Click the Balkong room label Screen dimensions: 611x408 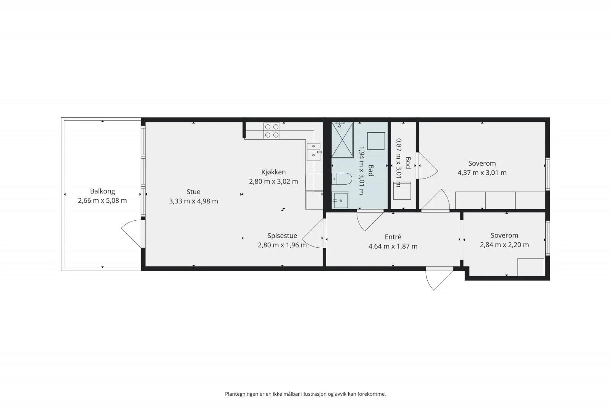[103, 191]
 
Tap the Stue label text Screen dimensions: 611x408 [193, 192]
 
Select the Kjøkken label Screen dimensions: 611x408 [273, 172]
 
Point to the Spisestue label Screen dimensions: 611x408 [282, 236]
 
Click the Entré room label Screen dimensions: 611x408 [393, 237]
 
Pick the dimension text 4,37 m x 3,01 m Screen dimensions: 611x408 [482, 173]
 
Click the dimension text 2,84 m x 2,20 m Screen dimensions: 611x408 [504, 245]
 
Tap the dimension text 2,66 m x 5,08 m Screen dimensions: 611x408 [103, 201]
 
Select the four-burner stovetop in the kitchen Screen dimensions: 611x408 [272, 131]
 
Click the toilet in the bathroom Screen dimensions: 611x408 [342, 179]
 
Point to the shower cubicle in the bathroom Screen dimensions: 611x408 [342, 140]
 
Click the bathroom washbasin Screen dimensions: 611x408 [340, 200]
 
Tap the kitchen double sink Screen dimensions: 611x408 [314, 152]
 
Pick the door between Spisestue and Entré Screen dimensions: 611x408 [313, 234]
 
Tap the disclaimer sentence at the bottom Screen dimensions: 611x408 [305, 394]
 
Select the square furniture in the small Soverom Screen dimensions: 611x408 [531, 267]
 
